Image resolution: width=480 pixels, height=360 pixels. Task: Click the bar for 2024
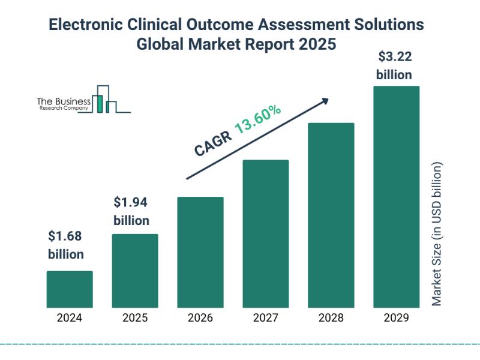tap(70, 289)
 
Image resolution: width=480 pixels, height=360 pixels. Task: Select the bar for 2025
tap(135, 271)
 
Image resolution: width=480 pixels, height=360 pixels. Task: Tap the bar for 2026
tap(200, 252)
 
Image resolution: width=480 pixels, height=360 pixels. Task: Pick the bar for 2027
tap(266, 233)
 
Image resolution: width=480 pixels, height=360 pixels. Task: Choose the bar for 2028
tap(331, 215)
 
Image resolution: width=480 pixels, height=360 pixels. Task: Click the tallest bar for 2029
tap(396, 196)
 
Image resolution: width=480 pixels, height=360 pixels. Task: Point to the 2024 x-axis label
tap(70, 318)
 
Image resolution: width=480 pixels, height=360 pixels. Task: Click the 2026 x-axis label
tap(200, 318)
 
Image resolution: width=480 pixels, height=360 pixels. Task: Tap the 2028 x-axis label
tap(331, 318)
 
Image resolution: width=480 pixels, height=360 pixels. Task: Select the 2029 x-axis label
tap(396, 318)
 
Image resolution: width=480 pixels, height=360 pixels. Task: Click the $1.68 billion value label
tap(66, 245)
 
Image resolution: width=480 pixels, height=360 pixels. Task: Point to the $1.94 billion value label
tap(131, 210)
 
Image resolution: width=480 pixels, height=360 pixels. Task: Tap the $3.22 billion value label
tap(394, 66)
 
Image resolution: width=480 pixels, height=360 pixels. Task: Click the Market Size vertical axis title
tap(437, 234)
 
